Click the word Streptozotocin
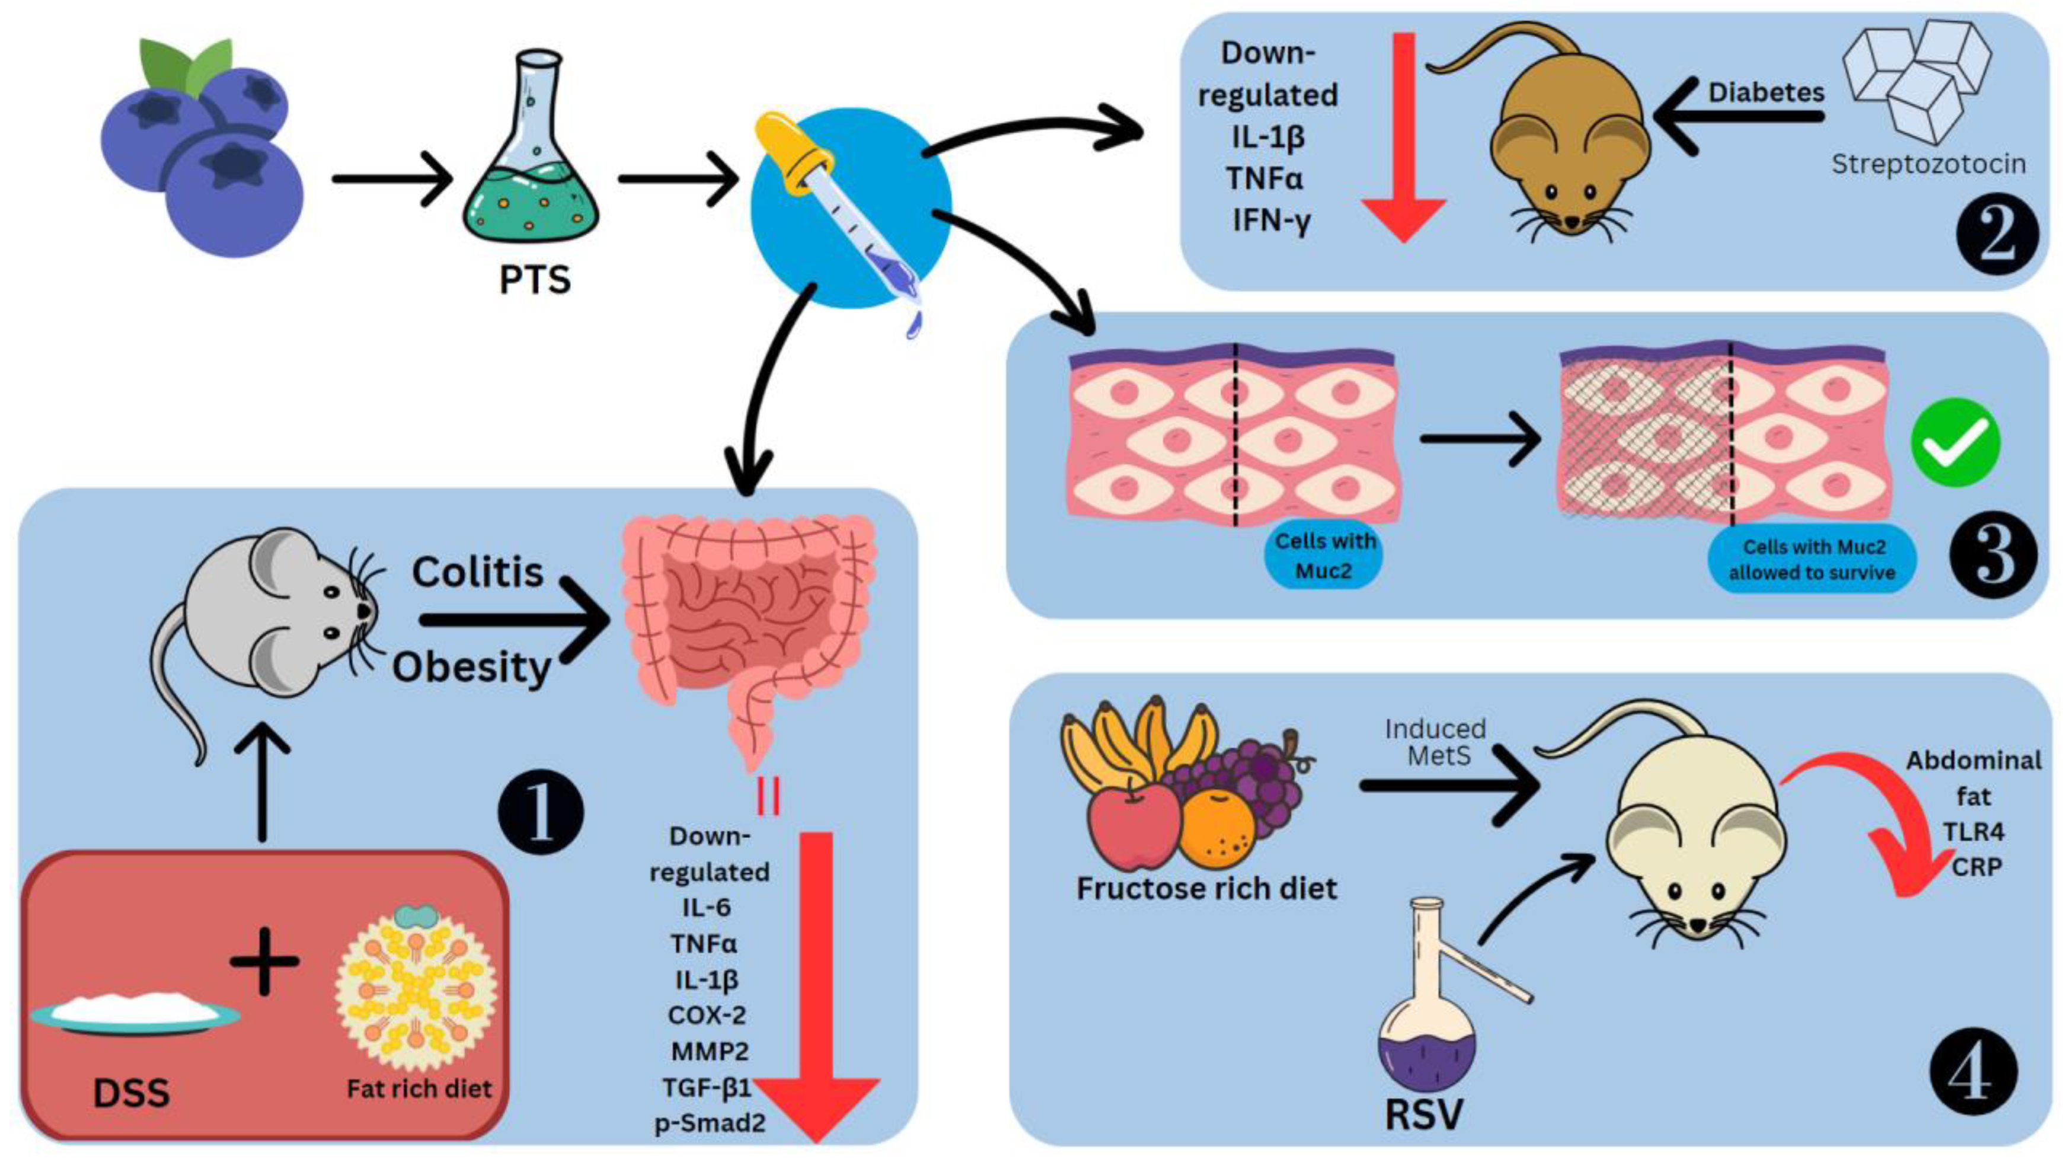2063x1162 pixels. pos(1928,164)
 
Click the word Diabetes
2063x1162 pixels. pos(1766,93)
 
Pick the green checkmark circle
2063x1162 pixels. pos(1955,442)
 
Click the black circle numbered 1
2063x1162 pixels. pos(541,813)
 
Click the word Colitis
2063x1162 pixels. pos(478,573)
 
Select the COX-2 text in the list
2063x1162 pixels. pos(707,1014)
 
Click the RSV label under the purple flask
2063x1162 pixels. pos(1424,1114)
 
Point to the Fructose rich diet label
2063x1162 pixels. pos(1206,889)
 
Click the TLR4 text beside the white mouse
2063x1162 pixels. pos(1973,832)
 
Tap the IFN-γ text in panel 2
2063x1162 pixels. pos(1271,220)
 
